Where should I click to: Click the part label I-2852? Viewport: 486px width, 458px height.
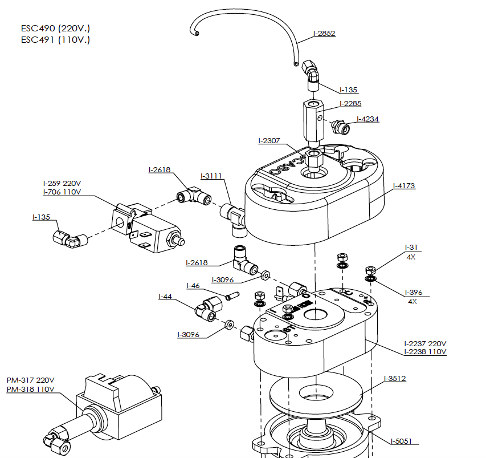coord(324,33)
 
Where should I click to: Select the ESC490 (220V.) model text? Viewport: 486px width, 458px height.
coord(55,28)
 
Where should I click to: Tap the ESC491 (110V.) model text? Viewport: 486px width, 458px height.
coord(55,40)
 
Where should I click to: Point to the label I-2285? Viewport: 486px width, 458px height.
coord(350,104)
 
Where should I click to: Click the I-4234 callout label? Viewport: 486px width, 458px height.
coord(367,119)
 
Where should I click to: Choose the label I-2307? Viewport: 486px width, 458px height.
coord(269,140)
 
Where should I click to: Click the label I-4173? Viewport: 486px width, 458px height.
coord(404,185)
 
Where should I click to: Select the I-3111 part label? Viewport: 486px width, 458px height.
coord(211,176)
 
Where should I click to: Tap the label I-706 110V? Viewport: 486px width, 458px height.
coord(62,192)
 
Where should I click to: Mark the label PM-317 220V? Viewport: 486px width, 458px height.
coord(31,380)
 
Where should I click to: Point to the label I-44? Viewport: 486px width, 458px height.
coord(165,296)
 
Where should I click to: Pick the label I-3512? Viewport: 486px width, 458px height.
coord(395,378)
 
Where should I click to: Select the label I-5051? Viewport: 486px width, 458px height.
coord(401,441)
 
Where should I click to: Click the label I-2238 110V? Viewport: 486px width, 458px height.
coord(425,352)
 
